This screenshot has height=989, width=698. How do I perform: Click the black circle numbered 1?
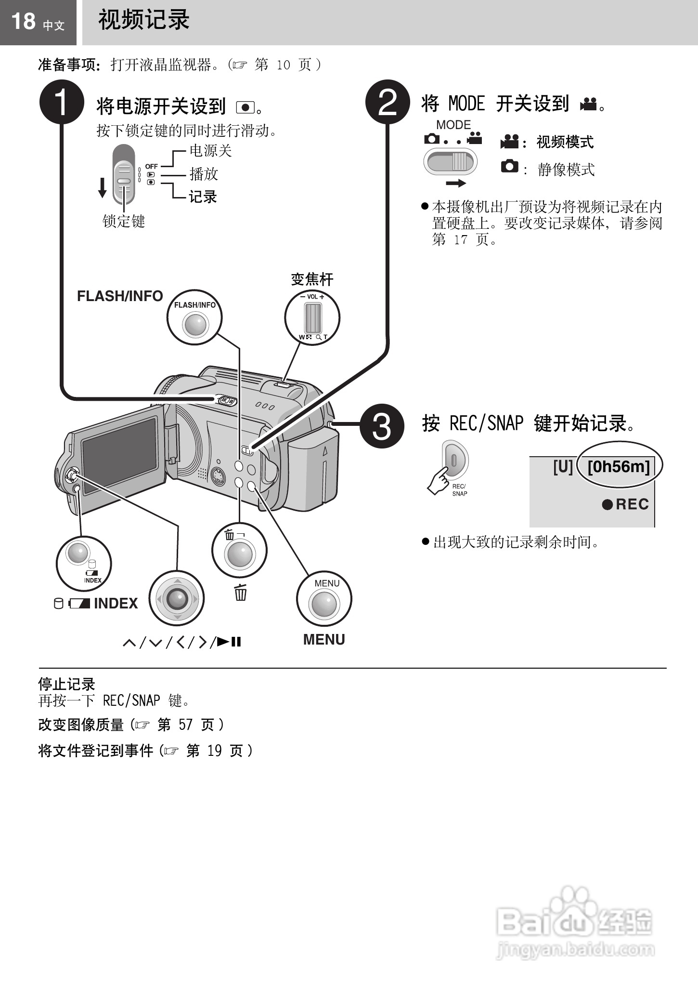pyautogui.click(x=62, y=102)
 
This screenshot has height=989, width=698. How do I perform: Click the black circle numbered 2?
pyautogui.click(x=388, y=102)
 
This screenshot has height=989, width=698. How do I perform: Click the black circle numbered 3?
pyautogui.click(x=382, y=426)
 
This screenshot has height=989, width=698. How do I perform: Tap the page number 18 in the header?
pyautogui.click(x=23, y=22)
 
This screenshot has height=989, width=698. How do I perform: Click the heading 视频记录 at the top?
pyautogui.click(x=143, y=21)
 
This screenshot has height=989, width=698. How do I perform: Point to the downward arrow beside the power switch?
pyautogui.click(x=102, y=187)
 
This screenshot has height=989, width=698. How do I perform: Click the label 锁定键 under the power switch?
pyautogui.click(x=124, y=222)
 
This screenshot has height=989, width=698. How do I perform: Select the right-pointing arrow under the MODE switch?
pyautogui.click(x=455, y=183)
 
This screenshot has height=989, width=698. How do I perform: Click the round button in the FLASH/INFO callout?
pyautogui.click(x=195, y=324)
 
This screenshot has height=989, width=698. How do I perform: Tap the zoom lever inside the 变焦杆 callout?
pyautogui.click(x=312, y=317)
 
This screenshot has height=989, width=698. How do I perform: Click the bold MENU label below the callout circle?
pyautogui.click(x=324, y=639)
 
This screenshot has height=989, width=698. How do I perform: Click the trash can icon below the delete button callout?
pyautogui.click(x=240, y=592)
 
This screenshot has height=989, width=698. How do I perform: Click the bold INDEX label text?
pyautogui.click(x=116, y=603)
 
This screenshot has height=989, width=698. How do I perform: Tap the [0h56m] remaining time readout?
pyautogui.click(x=619, y=466)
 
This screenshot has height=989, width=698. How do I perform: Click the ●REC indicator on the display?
pyautogui.click(x=625, y=504)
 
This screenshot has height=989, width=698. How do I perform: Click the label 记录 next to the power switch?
pyautogui.click(x=203, y=197)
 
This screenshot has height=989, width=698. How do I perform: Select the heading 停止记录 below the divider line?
pyautogui.click(x=66, y=684)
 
